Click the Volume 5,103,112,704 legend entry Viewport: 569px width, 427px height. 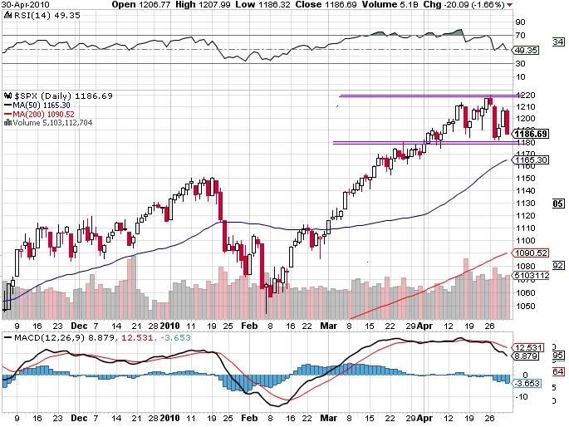pos(51,122)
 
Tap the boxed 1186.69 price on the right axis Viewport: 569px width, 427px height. pos(531,133)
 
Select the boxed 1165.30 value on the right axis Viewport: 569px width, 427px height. pos(531,160)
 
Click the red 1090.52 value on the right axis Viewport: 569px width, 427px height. pos(529,253)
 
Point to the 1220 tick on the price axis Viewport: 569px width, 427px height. pos(523,96)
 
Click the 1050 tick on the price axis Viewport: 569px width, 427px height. pos(523,305)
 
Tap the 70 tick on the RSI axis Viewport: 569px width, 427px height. pos(520,36)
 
